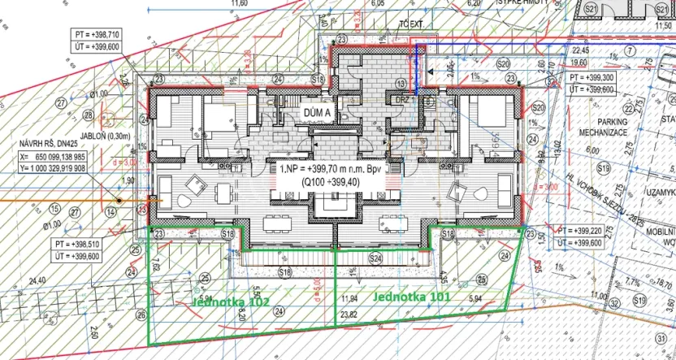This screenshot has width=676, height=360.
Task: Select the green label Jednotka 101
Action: (x=411, y=297)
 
